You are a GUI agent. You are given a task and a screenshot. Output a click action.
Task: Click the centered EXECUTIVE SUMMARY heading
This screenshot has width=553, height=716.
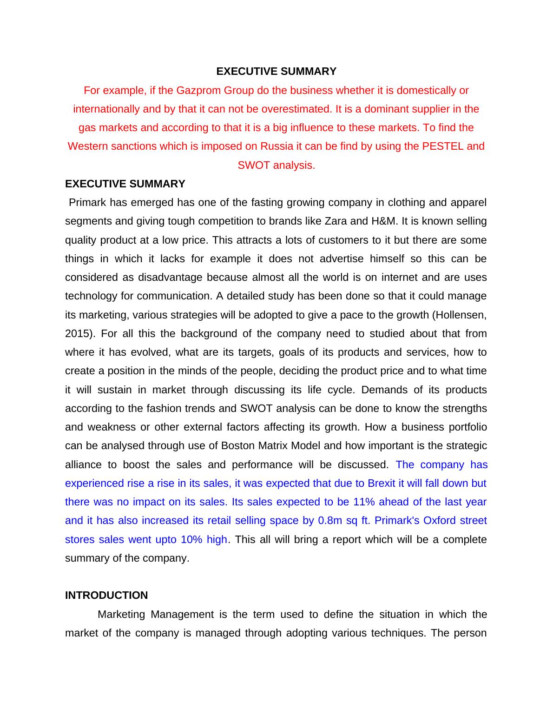click(x=276, y=71)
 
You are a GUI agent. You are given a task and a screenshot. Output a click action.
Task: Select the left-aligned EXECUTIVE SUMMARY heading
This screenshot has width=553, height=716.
click(x=125, y=184)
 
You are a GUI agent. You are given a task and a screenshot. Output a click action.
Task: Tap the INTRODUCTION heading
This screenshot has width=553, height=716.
click(x=106, y=595)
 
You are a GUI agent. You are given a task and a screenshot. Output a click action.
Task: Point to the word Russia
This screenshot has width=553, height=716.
click(x=275, y=146)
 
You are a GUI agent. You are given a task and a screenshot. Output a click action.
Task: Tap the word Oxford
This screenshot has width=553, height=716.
click(x=439, y=520)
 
